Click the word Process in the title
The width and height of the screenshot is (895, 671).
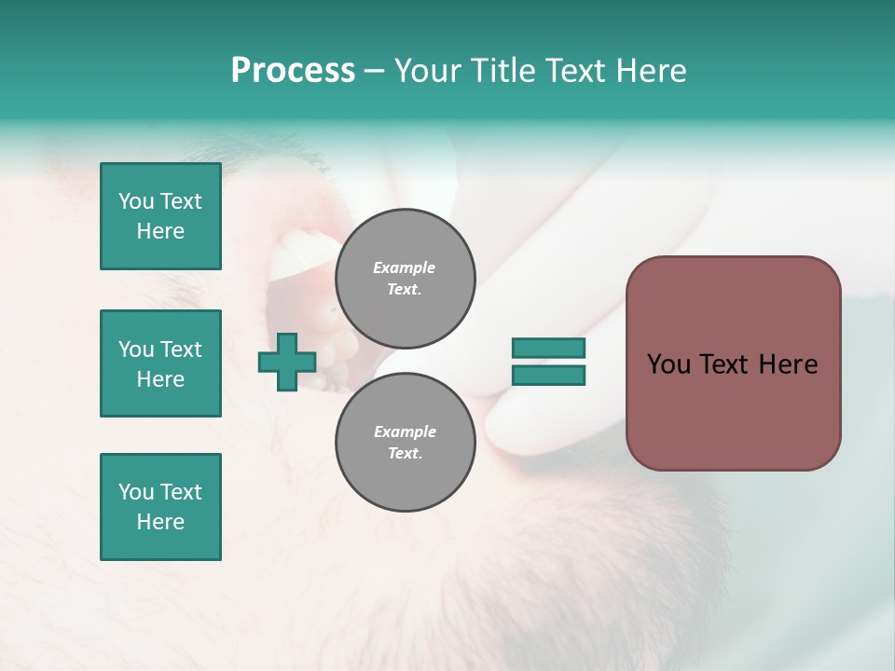click(293, 71)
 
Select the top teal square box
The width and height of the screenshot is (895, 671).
click(160, 216)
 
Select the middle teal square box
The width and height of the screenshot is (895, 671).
click(160, 363)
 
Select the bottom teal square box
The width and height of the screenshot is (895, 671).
click(160, 507)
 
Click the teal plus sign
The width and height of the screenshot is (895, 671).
click(286, 363)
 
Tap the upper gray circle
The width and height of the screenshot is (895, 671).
click(405, 279)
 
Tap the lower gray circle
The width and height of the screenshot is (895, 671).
click(405, 443)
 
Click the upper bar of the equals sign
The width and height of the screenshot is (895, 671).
click(548, 348)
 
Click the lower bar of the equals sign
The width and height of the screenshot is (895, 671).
click(548, 376)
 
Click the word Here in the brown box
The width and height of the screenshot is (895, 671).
click(788, 364)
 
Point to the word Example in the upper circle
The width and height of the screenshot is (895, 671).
click(405, 267)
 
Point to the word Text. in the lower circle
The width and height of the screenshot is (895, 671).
click(405, 454)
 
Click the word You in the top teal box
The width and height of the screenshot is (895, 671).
click(135, 201)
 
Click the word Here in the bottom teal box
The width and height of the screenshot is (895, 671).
click(160, 522)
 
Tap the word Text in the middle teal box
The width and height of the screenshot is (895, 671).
click(181, 349)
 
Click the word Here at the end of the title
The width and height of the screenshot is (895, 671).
click(653, 71)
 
